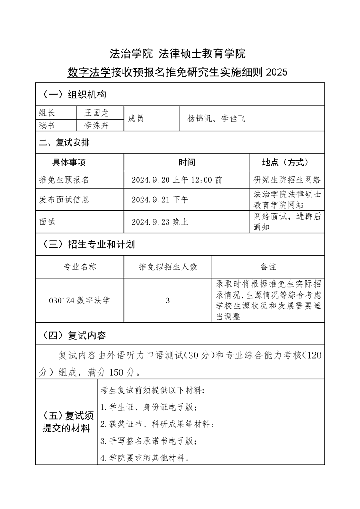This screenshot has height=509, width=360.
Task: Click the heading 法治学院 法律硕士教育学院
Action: point(178,54)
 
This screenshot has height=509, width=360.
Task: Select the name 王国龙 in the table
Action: point(97,113)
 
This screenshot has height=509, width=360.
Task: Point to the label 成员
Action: point(136,119)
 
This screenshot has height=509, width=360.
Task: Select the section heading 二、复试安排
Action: point(64,143)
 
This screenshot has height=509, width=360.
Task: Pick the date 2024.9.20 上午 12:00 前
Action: point(177,180)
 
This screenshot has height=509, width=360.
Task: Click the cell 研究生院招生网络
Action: point(287,180)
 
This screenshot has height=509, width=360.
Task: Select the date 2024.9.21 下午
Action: point(160,200)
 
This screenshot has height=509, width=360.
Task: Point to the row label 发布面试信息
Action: point(64,200)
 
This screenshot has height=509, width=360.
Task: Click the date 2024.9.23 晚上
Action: point(160,222)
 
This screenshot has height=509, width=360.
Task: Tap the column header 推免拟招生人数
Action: point(168,267)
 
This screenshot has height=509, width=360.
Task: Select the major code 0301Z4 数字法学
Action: point(79,300)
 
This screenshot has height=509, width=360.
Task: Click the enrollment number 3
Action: point(168,300)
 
